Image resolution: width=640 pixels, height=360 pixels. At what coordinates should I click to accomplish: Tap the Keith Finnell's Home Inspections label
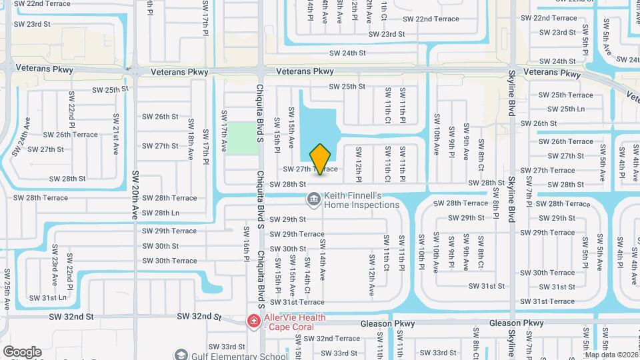pyautogui.click(x=361, y=200)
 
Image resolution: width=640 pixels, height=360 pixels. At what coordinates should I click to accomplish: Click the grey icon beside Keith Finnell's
pyautogui.click(x=313, y=199)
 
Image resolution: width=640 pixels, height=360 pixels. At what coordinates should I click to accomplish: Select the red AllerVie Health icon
pyautogui.click(x=253, y=322)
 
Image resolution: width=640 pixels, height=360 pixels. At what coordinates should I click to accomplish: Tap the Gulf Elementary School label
pyautogui.click(x=231, y=355)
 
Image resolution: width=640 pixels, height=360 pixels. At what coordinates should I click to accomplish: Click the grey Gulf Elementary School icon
pyautogui.click(x=180, y=355)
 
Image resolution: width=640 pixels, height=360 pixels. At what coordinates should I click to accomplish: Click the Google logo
pyautogui.click(x=22, y=351)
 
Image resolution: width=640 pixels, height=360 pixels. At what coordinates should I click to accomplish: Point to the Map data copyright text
pyautogui.click(x=612, y=355)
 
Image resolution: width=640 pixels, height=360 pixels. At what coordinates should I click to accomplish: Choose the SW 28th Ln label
pyautogui.click(x=161, y=213)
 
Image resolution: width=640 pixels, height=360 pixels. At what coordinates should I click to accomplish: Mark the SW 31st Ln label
pyautogui.click(x=49, y=297)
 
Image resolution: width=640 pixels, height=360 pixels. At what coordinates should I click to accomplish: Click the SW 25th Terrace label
pyautogui.click(x=565, y=95)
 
